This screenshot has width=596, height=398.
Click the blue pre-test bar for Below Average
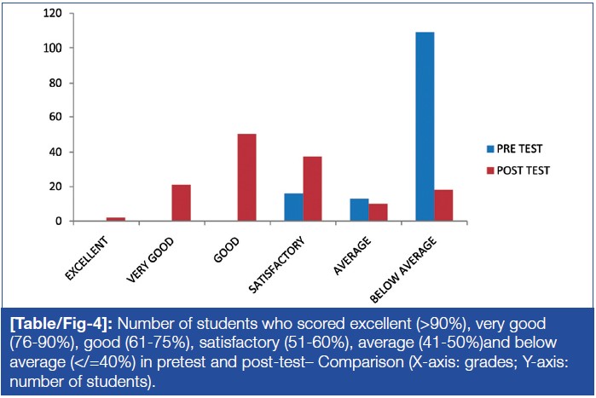point(425,127)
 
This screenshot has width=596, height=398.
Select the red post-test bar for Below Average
point(443,205)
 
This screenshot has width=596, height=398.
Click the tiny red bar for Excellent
point(116,219)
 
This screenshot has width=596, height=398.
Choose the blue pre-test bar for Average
point(359,210)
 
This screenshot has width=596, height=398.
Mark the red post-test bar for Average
point(378,212)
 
